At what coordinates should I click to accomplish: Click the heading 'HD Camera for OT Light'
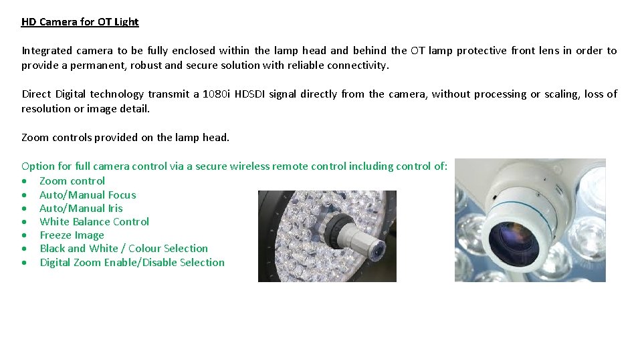[x=80, y=22]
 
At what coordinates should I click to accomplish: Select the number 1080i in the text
[x=217, y=94]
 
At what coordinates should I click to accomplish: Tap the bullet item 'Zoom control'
[x=72, y=181]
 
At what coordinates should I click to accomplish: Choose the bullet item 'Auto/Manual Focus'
[x=88, y=195]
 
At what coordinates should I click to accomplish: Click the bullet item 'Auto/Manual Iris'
[x=81, y=209]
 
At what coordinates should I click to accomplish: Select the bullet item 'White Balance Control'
[x=94, y=222]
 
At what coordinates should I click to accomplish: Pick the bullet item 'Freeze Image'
[x=72, y=235]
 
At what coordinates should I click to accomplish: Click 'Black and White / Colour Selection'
[x=124, y=249]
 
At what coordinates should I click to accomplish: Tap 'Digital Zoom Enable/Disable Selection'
[x=132, y=263]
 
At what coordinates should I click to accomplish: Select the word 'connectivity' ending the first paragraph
[x=356, y=66]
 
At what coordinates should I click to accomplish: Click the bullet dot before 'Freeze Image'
[x=25, y=236]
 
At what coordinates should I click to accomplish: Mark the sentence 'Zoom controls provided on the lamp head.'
[x=125, y=138]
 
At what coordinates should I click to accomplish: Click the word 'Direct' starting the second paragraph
[x=36, y=94]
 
